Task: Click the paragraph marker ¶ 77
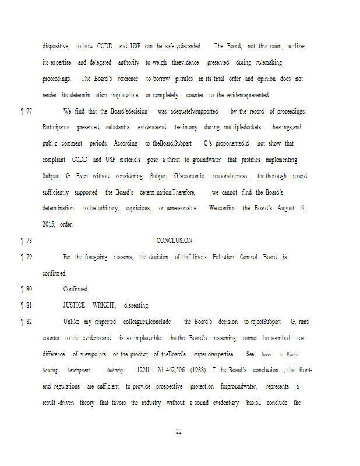pyautogui.click(x=26, y=111)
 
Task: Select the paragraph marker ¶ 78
pyautogui.click(x=26, y=241)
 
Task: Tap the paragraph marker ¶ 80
pyautogui.click(x=26, y=289)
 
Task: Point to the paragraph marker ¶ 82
pyautogui.click(x=26, y=322)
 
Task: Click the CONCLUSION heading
pyautogui.click(x=174, y=241)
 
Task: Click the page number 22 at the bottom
pyautogui.click(x=179, y=432)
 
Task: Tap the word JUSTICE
pyautogui.click(x=74, y=305)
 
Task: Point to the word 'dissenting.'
pyautogui.click(x=136, y=305)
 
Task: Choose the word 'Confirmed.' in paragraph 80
pyautogui.click(x=76, y=289)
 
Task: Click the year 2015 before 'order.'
pyautogui.click(x=48, y=224)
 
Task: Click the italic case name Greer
pyautogui.click(x=266, y=354)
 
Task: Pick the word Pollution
pyautogui.click(x=223, y=257)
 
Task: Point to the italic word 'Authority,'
pyautogui.click(x=115, y=370)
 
